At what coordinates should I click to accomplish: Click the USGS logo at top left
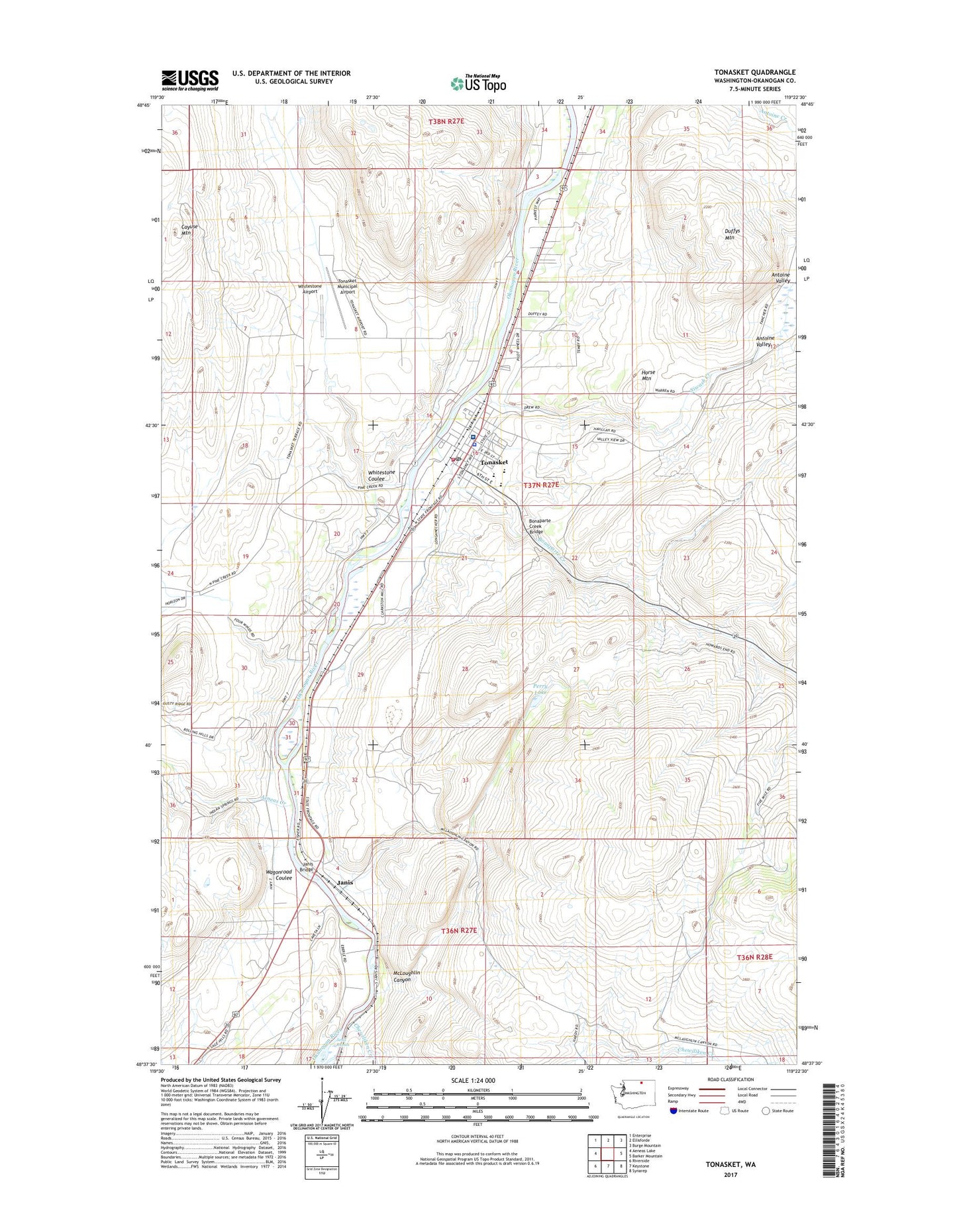(189, 80)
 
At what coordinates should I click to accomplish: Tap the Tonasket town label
(494, 462)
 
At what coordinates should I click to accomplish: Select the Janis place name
(344, 882)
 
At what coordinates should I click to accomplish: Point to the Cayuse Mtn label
(190, 229)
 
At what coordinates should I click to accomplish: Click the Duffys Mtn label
(732, 234)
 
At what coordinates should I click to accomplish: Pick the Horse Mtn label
(648, 375)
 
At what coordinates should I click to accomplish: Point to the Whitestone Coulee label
(381, 475)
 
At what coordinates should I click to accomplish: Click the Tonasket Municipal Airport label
(347, 286)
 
